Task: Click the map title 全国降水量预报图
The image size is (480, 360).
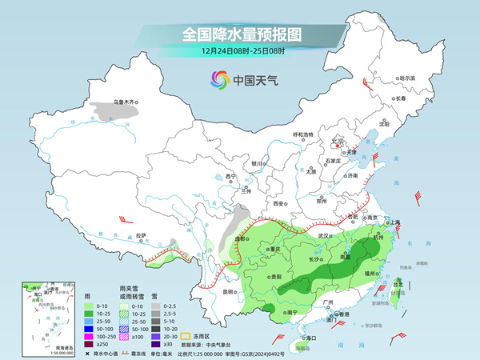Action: [239, 34]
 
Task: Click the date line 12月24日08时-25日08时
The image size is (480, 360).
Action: [239, 52]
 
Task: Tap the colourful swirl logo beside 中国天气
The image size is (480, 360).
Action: [218, 79]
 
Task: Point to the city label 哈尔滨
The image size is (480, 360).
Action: [407, 78]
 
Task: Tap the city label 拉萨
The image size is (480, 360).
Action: [142, 235]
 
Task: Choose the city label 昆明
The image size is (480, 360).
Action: [230, 291]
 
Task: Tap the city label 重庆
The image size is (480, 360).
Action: [276, 249]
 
